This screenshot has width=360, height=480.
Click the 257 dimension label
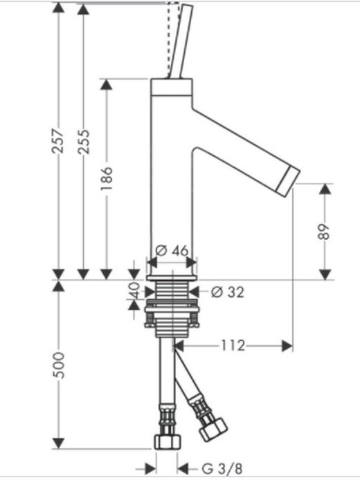click(x=58, y=141)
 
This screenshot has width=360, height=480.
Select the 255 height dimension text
click(x=83, y=141)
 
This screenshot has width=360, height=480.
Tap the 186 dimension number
click(x=107, y=178)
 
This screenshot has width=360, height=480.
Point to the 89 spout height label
click(x=325, y=232)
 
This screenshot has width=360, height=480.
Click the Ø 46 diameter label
click(x=172, y=251)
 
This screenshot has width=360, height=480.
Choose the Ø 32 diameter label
click(x=228, y=293)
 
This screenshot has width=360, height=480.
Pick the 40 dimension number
click(x=134, y=290)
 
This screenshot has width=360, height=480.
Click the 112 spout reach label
click(x=233, y=346)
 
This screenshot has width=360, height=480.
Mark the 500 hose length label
click(x=58, y=365)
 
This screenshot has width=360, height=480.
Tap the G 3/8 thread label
click(x=222, y=468)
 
